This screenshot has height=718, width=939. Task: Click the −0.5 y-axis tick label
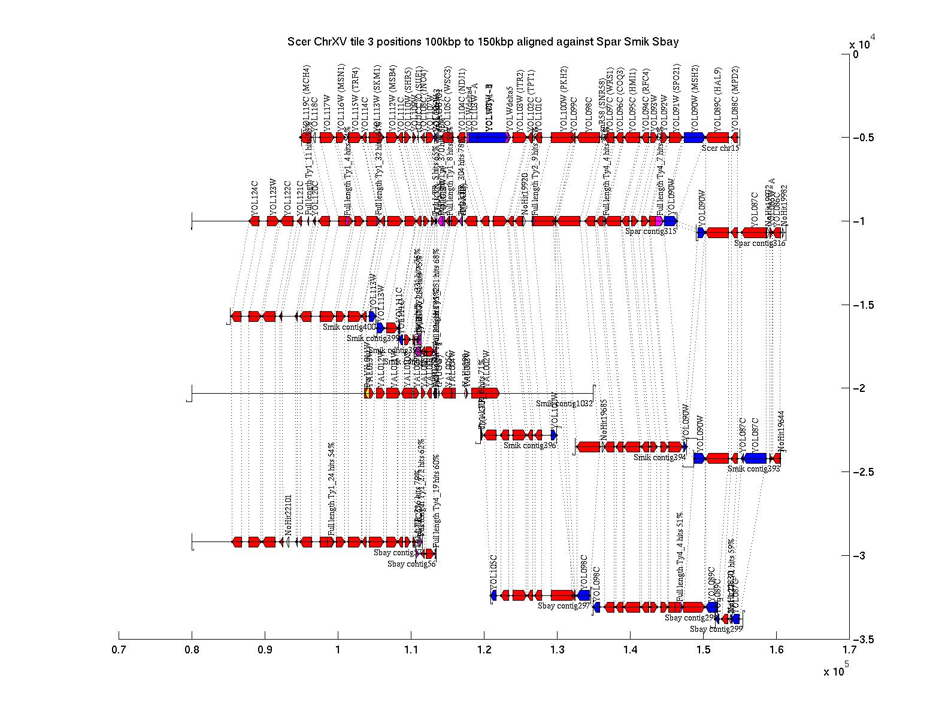click(x=864, y=138)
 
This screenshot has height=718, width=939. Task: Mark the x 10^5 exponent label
click(x=835, y=670)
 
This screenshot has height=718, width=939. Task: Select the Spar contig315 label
click(x=650, y=231)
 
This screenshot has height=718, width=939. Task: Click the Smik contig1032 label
click(x=564, y=404)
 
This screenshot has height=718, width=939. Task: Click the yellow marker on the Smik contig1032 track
click(x=368, y=393)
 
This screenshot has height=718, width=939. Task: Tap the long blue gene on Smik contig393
click(x=755, y=458)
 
